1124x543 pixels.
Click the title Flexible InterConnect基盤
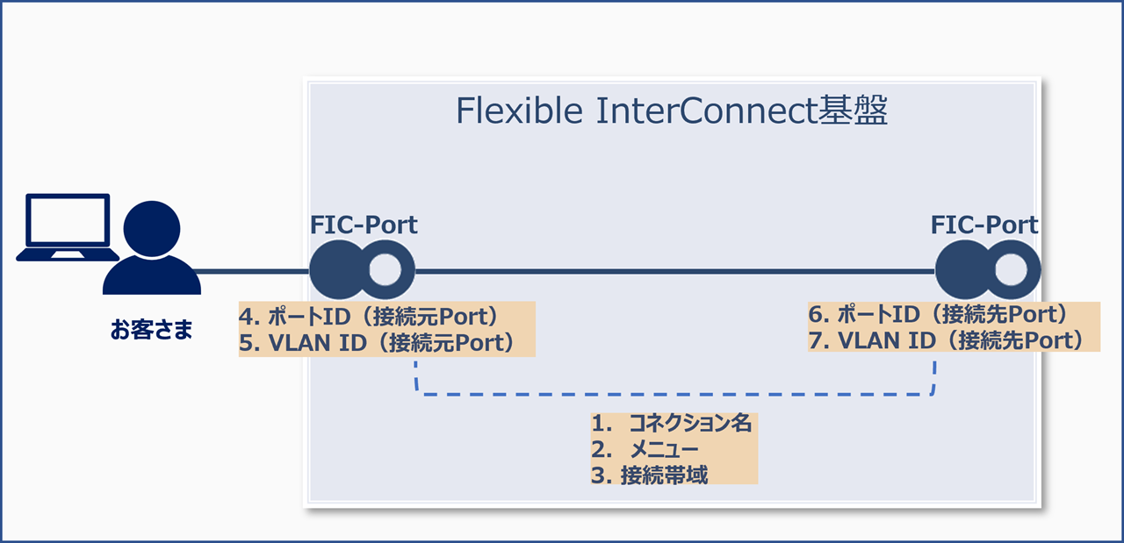(x=672, y=111)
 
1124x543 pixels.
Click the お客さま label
(x=152, y=330)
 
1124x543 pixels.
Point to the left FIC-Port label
(x=364, y=225)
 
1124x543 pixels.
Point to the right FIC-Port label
(x=984, y=225)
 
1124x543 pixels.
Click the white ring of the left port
(x=385, y=271)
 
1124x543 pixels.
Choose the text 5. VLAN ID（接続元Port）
(x=378, y=342)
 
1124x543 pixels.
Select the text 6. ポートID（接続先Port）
(x=938, y=314)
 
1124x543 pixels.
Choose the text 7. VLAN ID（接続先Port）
(x=947, y=340)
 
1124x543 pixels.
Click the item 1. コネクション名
(x=673, y=423)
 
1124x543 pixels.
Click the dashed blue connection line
(x=673, y=395)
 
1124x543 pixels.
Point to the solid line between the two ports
(x=673, y=271)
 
